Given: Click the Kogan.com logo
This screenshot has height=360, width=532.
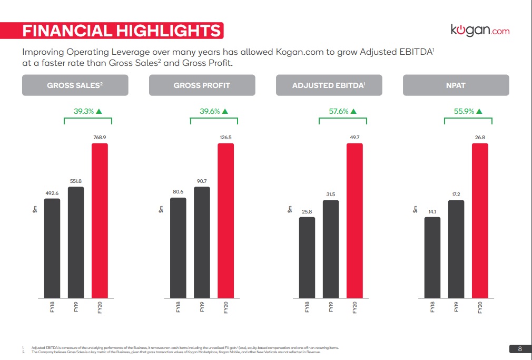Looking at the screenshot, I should pos(480,30).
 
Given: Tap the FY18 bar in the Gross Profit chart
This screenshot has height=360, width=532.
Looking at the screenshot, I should pos(178,247).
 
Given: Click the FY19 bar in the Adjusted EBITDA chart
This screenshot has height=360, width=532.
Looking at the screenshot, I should pos(330,249).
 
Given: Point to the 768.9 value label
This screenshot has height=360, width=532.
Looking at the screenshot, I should pos(100,137).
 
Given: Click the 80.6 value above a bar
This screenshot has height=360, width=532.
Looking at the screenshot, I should pos(178,192).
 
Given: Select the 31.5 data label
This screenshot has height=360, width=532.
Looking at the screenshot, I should pos(330,194).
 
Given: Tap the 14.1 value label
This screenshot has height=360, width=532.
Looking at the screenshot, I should pos(432,211).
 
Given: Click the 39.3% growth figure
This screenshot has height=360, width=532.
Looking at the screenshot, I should pos(83,111).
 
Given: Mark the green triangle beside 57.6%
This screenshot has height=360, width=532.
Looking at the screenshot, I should pos(353,111).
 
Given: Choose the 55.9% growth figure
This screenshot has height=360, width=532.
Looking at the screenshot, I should pos(464,111).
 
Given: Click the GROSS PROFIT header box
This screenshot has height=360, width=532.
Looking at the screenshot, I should pos(202,85).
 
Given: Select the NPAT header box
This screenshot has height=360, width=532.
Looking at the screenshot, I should pos(456,85).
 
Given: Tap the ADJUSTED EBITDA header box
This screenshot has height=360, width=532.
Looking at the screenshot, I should pos(329,85).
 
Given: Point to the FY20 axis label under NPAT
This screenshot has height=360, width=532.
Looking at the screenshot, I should pos(480,307).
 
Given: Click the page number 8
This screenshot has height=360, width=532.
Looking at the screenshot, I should pos(520,348).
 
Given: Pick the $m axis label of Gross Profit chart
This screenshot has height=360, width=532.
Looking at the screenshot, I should pos(162,209).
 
